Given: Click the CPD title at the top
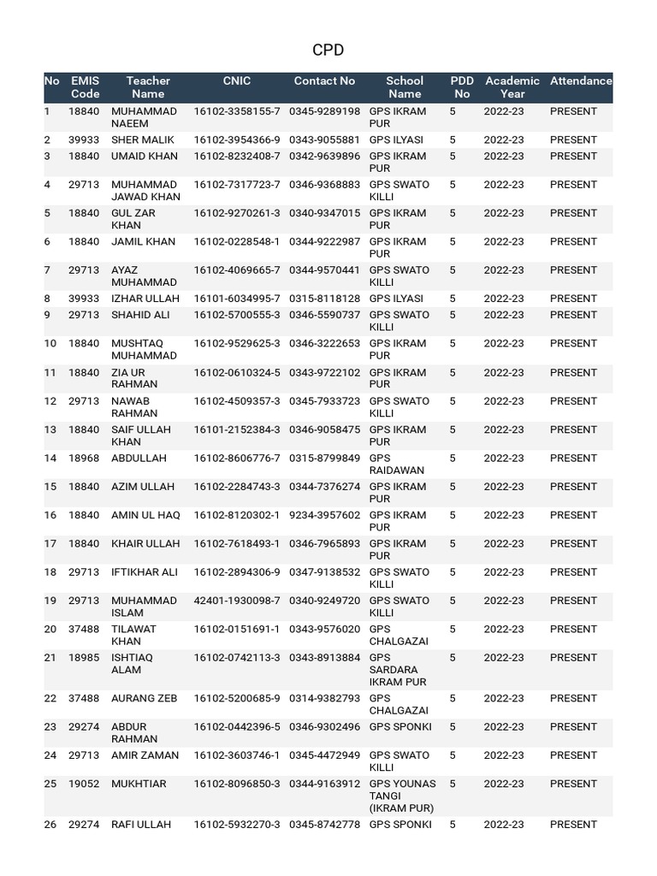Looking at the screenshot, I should tap(328, 50).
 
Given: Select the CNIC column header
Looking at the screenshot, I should tap(237, 81).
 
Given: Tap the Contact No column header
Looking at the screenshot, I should tap(324, 81).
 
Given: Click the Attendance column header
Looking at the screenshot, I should tap(581, 81).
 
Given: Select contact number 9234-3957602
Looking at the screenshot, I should tap(324, 515).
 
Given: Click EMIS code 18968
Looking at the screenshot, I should tap(84, 458).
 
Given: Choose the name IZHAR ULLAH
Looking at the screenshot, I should tap(145, 299).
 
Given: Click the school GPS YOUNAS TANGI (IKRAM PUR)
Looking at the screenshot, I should tap(402, 796).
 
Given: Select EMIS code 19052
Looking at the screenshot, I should tap(84, 784).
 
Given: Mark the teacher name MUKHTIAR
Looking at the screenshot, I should tap(139, 784).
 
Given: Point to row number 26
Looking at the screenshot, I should tap(50, 825).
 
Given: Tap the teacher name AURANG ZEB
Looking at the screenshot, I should tap(145, 698).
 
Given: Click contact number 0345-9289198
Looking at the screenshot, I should tap(324, 111).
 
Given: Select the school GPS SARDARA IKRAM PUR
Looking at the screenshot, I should tap(394, 670).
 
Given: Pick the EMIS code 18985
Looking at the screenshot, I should tap(84, 658).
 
